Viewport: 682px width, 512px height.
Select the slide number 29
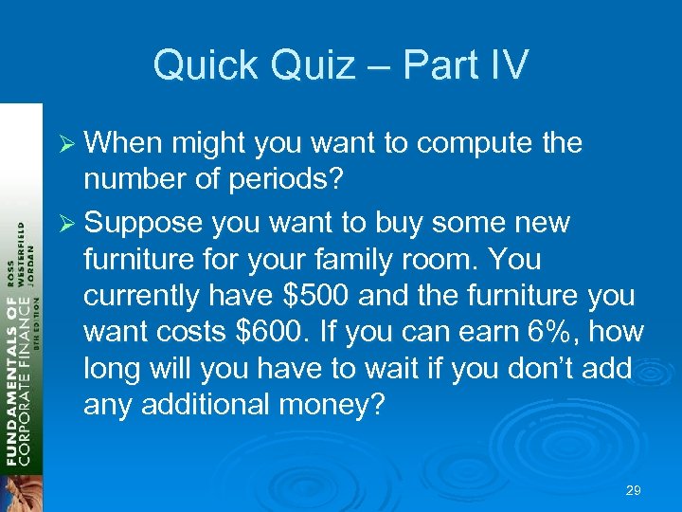click(x=634, y=490)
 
